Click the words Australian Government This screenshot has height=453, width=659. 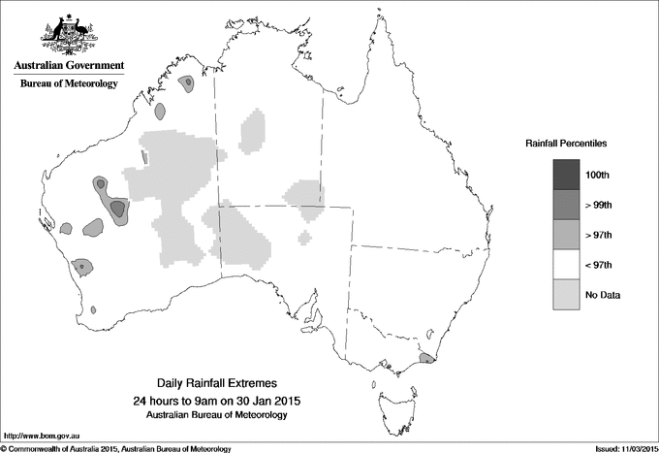(x=69, y=66)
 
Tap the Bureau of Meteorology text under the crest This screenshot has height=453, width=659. (x=69, y=83)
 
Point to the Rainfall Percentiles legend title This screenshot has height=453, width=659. (x=566, y=143)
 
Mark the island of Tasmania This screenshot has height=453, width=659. (x=388, y=399)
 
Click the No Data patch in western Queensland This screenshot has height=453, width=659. (x=304, y=193)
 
